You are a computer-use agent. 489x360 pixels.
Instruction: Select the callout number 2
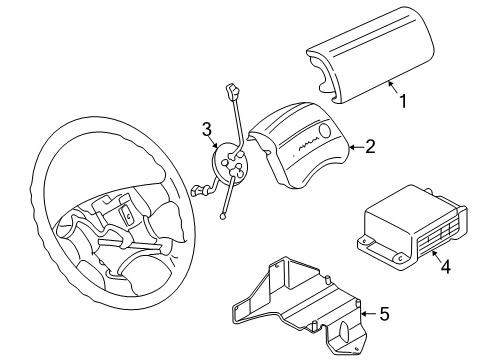point(370,147)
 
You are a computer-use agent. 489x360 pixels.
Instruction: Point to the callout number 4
point(446,266)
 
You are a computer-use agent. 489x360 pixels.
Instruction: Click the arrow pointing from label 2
point(353,148)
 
